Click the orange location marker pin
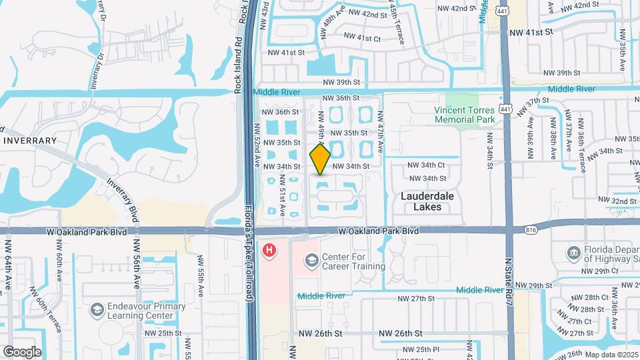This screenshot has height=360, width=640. click(x=321, y=159)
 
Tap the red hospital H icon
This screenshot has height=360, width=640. click(x=269, y=251)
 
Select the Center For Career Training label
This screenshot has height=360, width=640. click(x=353, y=261)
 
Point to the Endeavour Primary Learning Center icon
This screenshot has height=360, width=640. click(x=97, y=310)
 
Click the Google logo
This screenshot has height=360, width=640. click(x=22, y=351)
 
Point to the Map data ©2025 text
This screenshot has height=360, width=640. click(x=611, y=354)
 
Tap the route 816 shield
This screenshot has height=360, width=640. click(x=531, y=229)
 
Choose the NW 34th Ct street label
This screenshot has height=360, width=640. click(x=427, y=165)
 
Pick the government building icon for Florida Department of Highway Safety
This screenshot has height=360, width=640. click(x=573, y=252)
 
